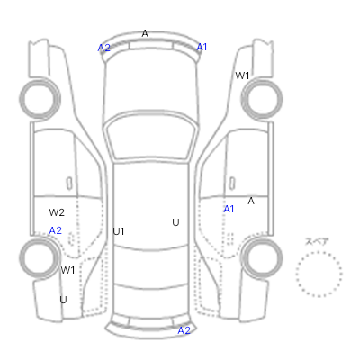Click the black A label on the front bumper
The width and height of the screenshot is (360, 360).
145,33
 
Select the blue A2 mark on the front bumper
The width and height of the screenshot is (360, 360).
104,48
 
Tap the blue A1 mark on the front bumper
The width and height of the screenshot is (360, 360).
202,47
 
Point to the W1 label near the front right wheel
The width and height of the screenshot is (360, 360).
242,76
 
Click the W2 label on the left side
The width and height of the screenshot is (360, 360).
57,212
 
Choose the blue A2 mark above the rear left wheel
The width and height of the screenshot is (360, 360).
56,230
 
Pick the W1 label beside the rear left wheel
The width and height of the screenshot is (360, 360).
67,270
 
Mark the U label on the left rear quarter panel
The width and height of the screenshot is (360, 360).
63,300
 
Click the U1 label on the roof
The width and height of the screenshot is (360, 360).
119,231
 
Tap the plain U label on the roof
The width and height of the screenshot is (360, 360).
175,222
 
